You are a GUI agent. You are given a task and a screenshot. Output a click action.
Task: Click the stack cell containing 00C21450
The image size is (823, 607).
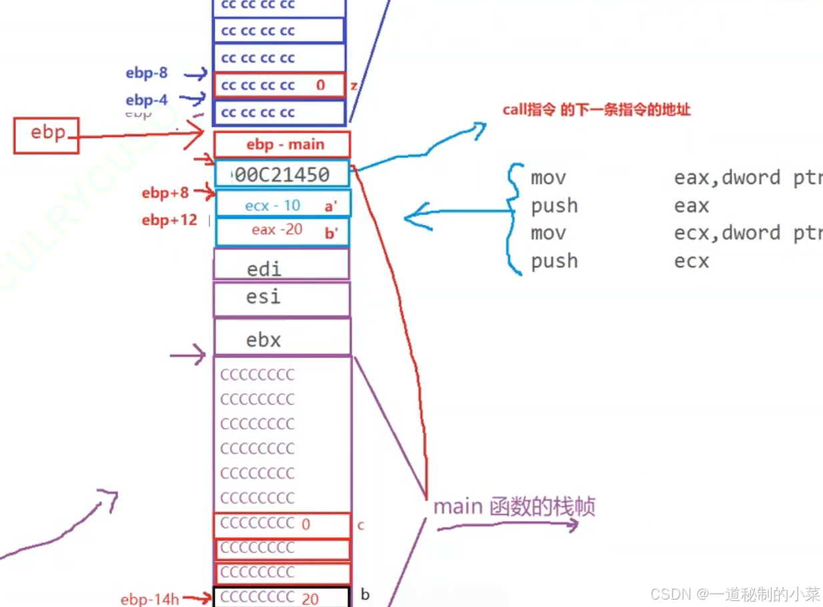coord(282,175)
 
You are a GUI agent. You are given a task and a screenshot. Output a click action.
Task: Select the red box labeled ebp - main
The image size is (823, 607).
coord(282,145)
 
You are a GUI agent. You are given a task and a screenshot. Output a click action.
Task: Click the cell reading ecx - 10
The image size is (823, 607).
coord(273,205)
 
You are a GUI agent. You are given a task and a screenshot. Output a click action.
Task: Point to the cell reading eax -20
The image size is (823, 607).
coord(277,230)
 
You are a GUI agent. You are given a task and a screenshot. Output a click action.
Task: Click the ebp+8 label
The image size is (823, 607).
coord(165,193)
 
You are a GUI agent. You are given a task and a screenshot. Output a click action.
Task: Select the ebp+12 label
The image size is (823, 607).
coord(169,220)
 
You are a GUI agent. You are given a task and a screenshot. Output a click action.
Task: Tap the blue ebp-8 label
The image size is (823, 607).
coord(147,73)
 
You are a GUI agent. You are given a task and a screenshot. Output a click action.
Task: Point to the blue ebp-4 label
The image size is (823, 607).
coord(147,100)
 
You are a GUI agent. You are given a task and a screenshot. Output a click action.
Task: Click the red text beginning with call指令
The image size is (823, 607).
coord(596,110)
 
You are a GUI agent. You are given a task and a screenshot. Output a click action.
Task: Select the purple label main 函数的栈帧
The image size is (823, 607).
coord(514,507)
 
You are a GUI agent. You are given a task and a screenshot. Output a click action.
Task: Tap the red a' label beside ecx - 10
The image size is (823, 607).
coord(331,207)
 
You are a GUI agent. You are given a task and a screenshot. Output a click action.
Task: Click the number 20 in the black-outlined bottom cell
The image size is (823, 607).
coord(310,599)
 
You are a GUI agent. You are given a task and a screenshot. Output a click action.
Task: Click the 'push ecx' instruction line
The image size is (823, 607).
coord(620,261)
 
